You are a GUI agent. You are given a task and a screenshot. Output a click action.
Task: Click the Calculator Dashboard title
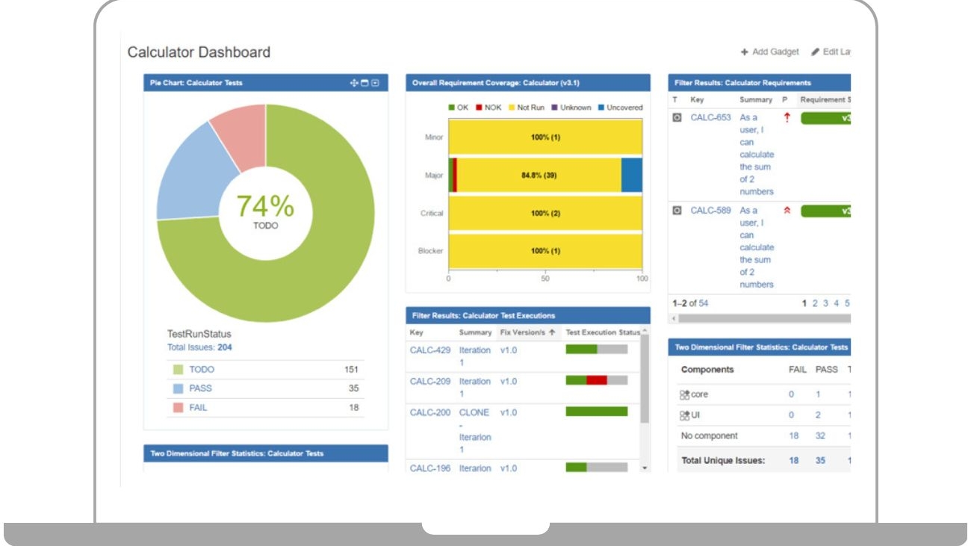[199, 52]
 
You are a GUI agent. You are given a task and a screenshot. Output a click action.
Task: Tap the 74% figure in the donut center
[265, 206]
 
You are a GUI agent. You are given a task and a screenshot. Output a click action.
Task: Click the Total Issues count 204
[224, 347]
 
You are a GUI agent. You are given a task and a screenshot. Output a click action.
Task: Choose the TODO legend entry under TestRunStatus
[201, 370]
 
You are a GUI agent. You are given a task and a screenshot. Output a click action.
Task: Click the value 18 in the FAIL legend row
[353, 408]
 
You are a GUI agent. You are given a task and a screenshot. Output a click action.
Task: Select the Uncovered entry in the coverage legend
[624, 108]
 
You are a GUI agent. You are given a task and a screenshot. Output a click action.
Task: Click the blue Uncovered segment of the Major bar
[631, 176]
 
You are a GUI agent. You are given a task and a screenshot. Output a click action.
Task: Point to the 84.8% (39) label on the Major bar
[539, 176]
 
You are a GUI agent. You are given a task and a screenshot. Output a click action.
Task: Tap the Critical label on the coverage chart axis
[432, 214]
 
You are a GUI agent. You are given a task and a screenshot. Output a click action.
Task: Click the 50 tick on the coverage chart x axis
[545, 279]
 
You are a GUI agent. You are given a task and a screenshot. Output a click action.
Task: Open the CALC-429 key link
[430, 350]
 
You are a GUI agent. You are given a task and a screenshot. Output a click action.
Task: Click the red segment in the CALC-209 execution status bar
[596, 380]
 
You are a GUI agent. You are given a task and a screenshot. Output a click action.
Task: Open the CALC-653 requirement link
[710, 117]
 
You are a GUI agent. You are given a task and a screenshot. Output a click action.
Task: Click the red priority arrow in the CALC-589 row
[787, 211]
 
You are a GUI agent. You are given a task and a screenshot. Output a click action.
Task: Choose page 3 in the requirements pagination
[825, 303]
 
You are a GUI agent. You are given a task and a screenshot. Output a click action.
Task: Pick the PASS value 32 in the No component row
[820, 435]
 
